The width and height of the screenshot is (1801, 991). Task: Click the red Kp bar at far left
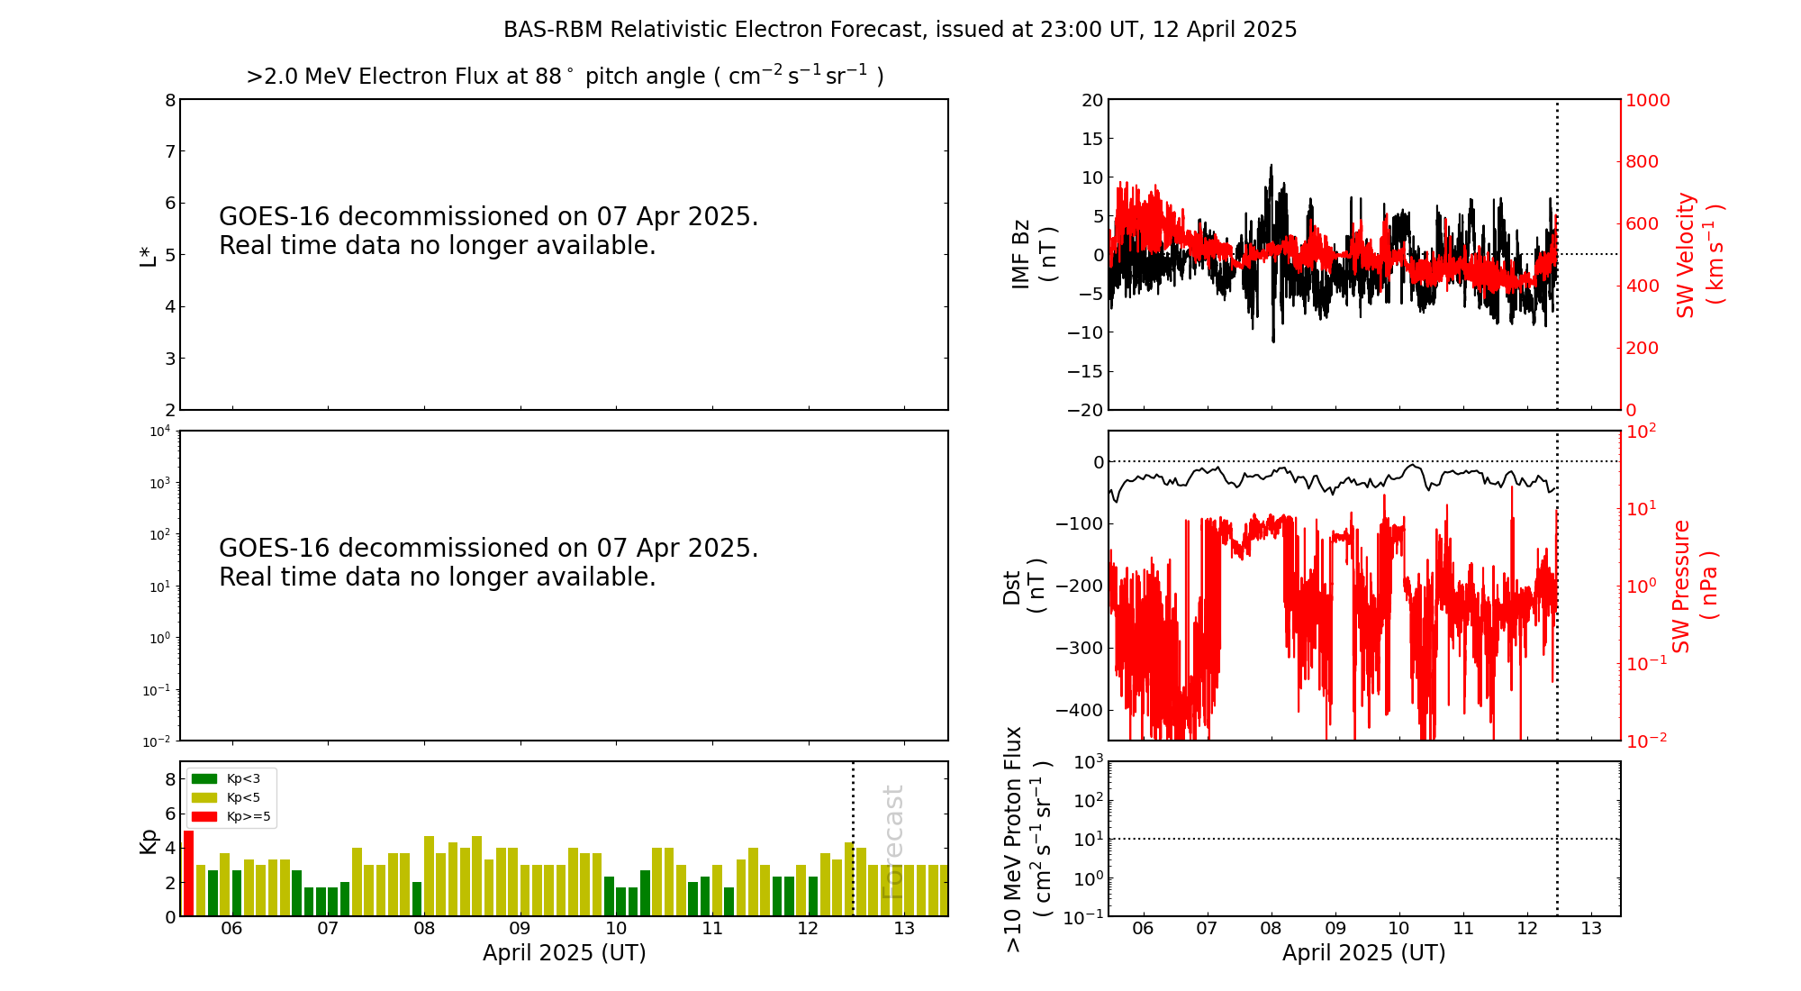click(188, 873)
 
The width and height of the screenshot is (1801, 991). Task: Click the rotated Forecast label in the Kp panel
click(892, 841)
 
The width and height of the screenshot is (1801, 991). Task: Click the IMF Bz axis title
click(1034, 254)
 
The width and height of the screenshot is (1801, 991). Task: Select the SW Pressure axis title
click(1694, 586)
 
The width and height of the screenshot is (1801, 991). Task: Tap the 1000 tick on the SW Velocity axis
click(1647, 100)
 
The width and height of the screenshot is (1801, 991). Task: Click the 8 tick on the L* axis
click(169, 100)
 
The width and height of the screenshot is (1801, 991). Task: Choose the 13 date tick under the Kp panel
click(904, 929)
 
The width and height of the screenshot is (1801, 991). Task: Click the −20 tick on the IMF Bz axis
click(1084, 410)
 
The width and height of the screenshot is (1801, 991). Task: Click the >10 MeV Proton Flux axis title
click(1027, 839)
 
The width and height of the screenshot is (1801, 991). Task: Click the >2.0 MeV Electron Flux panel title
click(565, 77)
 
